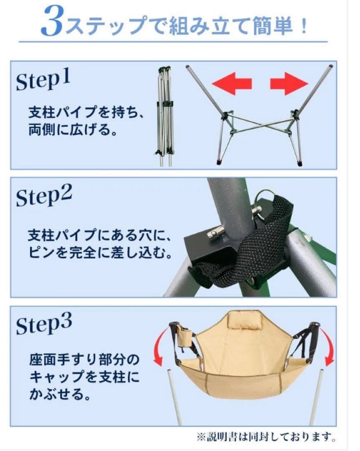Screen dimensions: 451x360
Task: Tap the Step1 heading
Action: [x=44, y=80]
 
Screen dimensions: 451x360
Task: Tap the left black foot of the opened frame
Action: [x=220, y=160]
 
